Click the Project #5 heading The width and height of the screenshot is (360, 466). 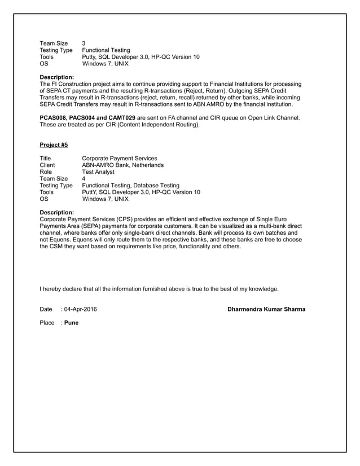coord(54,144)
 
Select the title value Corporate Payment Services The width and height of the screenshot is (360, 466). coord(120,158)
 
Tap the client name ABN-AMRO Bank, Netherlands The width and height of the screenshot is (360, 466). coord(123,165)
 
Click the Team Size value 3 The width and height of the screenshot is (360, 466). coord(84,43)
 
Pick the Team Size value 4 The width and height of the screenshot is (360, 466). coord(84,179)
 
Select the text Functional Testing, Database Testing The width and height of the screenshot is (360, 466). coord(131,186)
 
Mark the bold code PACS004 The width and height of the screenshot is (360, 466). coord(84,117)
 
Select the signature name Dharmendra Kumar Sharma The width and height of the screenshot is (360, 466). coord(266,309)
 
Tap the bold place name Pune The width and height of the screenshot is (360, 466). coord(71,323)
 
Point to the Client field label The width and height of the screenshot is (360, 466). coord(47,165)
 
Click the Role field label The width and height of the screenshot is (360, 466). coord(46,172)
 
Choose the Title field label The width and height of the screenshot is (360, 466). coord(45,158)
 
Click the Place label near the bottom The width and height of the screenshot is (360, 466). coord(47,323)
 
